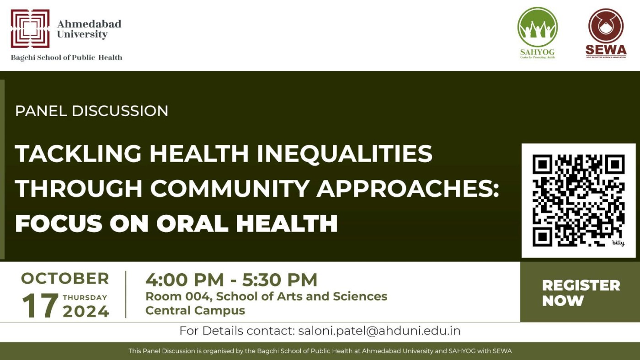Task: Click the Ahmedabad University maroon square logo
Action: click(30, 29)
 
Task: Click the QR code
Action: click(578, 200)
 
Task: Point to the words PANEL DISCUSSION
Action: click(92, 111)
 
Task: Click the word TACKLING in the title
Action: click(78, 154)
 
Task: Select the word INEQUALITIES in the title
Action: click(344, 154)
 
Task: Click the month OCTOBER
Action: click(65, 278)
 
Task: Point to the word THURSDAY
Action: click(85, 297)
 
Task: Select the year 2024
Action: click(86, 312)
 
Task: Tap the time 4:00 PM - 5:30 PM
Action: click(231, 280)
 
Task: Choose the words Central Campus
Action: click(195, 311)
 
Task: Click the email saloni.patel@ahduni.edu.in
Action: click(379, 331)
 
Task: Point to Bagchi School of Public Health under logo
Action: click(67, 58)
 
